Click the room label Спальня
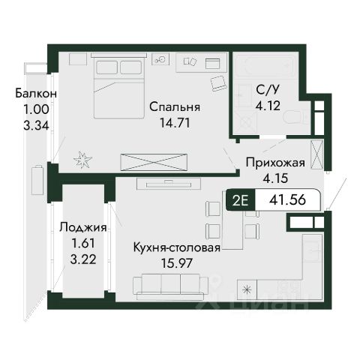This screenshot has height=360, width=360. tap(175, 107)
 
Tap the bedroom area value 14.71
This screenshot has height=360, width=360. tap(175, 123)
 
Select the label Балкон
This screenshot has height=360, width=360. tap(36, 94)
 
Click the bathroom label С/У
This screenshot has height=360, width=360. tap(267, 90)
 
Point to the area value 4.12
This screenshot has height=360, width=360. tap(268, 106)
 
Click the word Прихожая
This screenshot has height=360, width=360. tap(275, 163)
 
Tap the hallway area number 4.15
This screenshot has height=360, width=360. tap(275, 178)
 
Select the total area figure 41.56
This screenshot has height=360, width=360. tap(287, 200)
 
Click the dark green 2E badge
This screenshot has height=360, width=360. tap(241, 200)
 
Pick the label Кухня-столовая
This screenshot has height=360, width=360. tap(177, 247)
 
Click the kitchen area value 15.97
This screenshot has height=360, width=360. tap(177, 263)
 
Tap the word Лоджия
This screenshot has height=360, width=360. tap(83, 228)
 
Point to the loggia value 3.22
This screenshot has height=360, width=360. tap(83, 259)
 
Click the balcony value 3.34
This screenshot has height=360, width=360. tap(36, 125)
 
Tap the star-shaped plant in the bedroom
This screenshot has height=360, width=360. tap(82, 159)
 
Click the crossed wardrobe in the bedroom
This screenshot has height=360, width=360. tap(154, 163)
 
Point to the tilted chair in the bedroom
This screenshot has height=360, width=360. tap(219, 83)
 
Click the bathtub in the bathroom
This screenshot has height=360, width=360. tap(266, 67)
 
